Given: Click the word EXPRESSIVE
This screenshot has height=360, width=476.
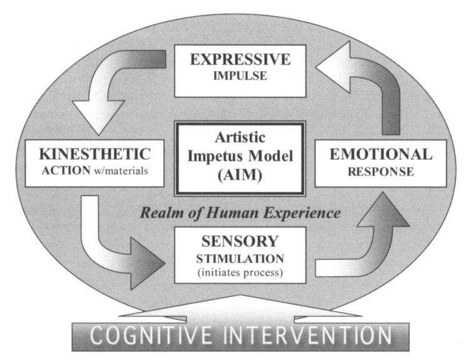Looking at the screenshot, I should [x=240, y=60].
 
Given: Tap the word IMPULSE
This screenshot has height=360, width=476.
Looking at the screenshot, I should [x=240, y=77].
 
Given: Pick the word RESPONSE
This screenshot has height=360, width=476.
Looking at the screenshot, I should [x=381, y=171].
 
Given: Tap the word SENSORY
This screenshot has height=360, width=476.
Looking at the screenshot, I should [x=240, y=241].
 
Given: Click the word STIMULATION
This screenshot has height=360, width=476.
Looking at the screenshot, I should [x=240, y=257].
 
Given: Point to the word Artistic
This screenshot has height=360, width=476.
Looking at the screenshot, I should [x=240, y=137].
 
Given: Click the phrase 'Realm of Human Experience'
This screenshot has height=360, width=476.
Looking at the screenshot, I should [x=240, y=212].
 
